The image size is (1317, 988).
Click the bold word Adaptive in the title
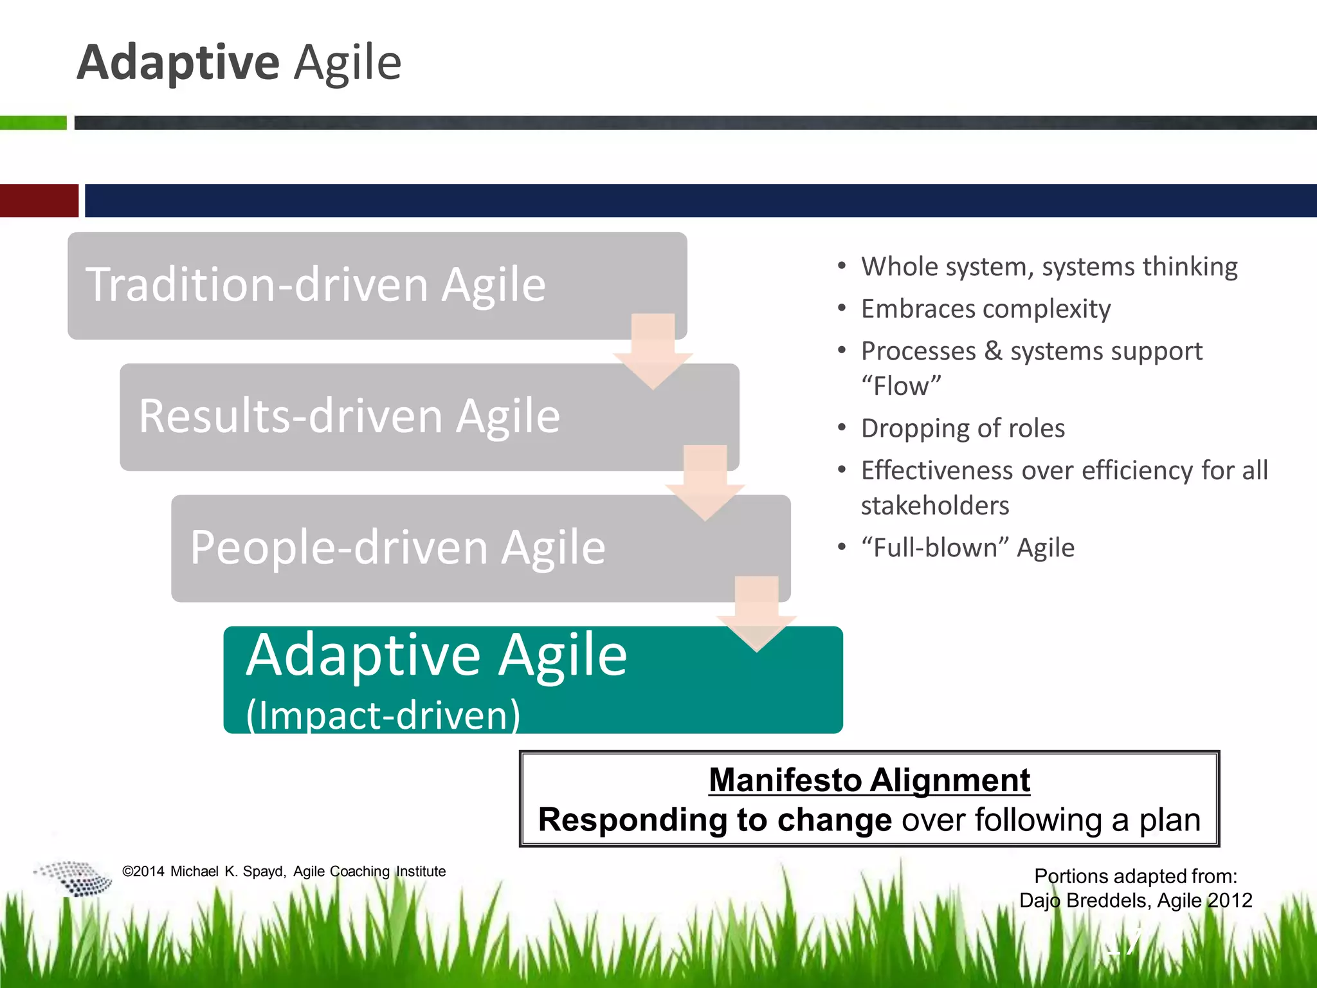coord(178,62)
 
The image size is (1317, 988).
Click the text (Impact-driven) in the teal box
coord(383,715)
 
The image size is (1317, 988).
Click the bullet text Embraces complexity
coord(985,309)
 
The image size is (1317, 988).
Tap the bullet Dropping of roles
coord(963,428)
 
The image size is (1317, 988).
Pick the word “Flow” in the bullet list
coord(901,386)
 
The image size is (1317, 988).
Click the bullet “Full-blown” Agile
coord(967,548)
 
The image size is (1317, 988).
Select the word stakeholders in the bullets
coord(935,506)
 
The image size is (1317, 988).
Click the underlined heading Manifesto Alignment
coord(869,780)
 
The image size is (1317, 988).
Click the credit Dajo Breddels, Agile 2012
coord(1136,900)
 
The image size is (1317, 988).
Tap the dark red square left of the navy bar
coord(39,201)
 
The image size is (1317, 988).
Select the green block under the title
coord(33,122)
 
